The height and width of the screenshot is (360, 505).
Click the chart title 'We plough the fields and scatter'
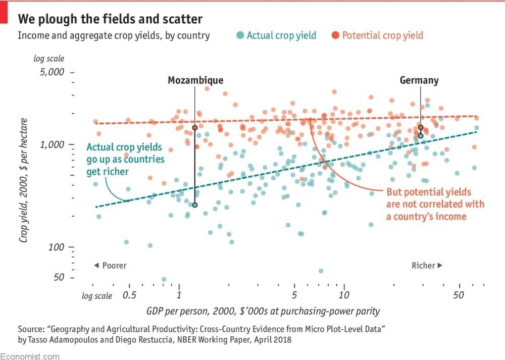(110, 19)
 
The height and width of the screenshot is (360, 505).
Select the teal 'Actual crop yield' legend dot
(240, 35)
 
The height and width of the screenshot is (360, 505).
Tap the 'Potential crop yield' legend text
(382, 35)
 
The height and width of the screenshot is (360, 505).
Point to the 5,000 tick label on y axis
(53, 72)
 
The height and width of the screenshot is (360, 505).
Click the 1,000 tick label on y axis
(53, 144)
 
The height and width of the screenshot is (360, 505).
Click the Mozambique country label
(195, 80)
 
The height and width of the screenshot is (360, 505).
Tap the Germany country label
(419, 80)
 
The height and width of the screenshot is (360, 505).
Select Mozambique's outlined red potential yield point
(195, 128)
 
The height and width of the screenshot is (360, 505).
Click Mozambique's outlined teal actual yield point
(195, 204)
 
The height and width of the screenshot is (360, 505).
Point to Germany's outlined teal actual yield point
(420, 135)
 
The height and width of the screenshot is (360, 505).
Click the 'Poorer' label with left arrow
(110, 266)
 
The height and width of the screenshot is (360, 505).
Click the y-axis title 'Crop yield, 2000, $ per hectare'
(23, 180)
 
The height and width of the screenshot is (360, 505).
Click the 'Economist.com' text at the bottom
(30, 356)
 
